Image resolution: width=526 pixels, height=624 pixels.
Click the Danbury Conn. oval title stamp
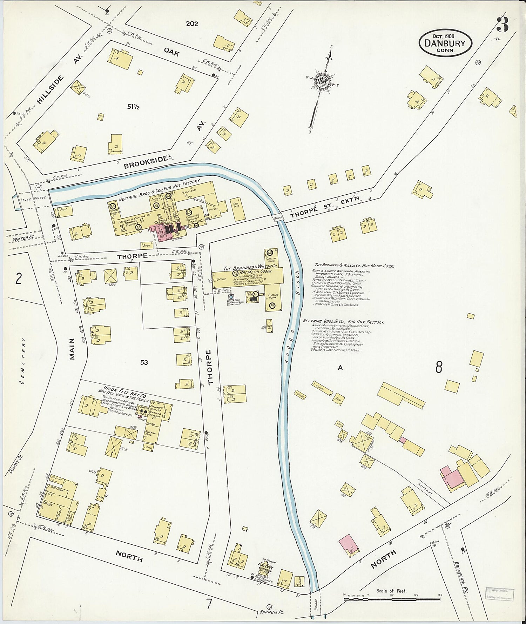[445, 43]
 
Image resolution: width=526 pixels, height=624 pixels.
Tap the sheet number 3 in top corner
[503, 25]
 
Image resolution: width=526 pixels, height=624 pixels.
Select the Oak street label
[171, 52]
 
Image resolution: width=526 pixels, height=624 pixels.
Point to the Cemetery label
[23, 361]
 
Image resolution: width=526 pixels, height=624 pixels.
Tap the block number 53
[144, 362]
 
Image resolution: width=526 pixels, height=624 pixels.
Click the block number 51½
[134, 107]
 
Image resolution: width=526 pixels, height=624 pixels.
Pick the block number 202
[192, 24]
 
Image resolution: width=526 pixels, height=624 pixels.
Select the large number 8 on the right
[439, 367]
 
